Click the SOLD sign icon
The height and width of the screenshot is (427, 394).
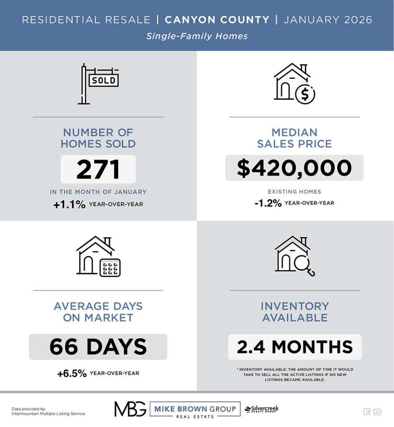98,83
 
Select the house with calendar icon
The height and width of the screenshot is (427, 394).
98,256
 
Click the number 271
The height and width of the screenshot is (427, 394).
98,169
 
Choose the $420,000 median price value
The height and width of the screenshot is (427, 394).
294,168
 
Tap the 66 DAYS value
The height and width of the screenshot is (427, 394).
98,347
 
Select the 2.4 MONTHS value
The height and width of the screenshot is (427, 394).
294,347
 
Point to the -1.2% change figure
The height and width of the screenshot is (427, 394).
269,203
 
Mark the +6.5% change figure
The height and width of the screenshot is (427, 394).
72,374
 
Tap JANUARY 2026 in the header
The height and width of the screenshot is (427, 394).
327,20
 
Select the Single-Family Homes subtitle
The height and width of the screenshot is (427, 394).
197,36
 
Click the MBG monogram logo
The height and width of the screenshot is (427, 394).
130,409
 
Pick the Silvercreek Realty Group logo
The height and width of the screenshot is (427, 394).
262,409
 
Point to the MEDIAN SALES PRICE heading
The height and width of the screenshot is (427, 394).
294,138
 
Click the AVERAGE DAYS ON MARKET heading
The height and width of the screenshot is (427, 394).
98,311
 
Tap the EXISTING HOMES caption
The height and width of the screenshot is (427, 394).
294,192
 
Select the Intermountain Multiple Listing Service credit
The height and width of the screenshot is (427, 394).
48,414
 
